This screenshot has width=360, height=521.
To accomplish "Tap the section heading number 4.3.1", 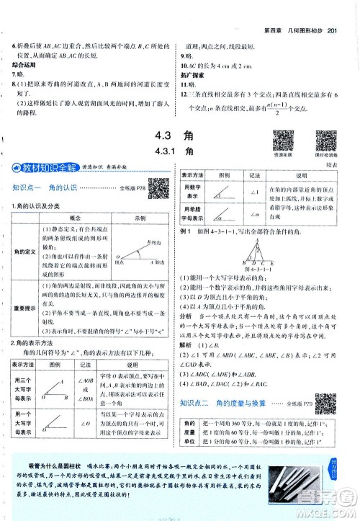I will [156, 151].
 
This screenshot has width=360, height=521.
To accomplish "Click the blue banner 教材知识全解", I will [41, 168].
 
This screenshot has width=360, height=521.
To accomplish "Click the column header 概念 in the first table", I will [74, 217].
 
